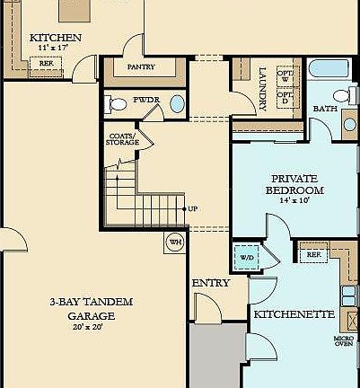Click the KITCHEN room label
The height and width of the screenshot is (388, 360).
coord(56,38)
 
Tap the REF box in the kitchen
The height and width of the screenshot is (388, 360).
coord(46,63)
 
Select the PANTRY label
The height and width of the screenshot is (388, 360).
coord(141,66)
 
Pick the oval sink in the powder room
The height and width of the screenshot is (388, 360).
coord(176,103)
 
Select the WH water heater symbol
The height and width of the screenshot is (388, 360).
coord(174,241)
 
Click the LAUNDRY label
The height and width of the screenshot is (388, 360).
coord(262,88)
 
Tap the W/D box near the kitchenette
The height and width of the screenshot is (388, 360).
coord(245,257)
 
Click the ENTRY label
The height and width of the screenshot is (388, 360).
coord(211,283)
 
